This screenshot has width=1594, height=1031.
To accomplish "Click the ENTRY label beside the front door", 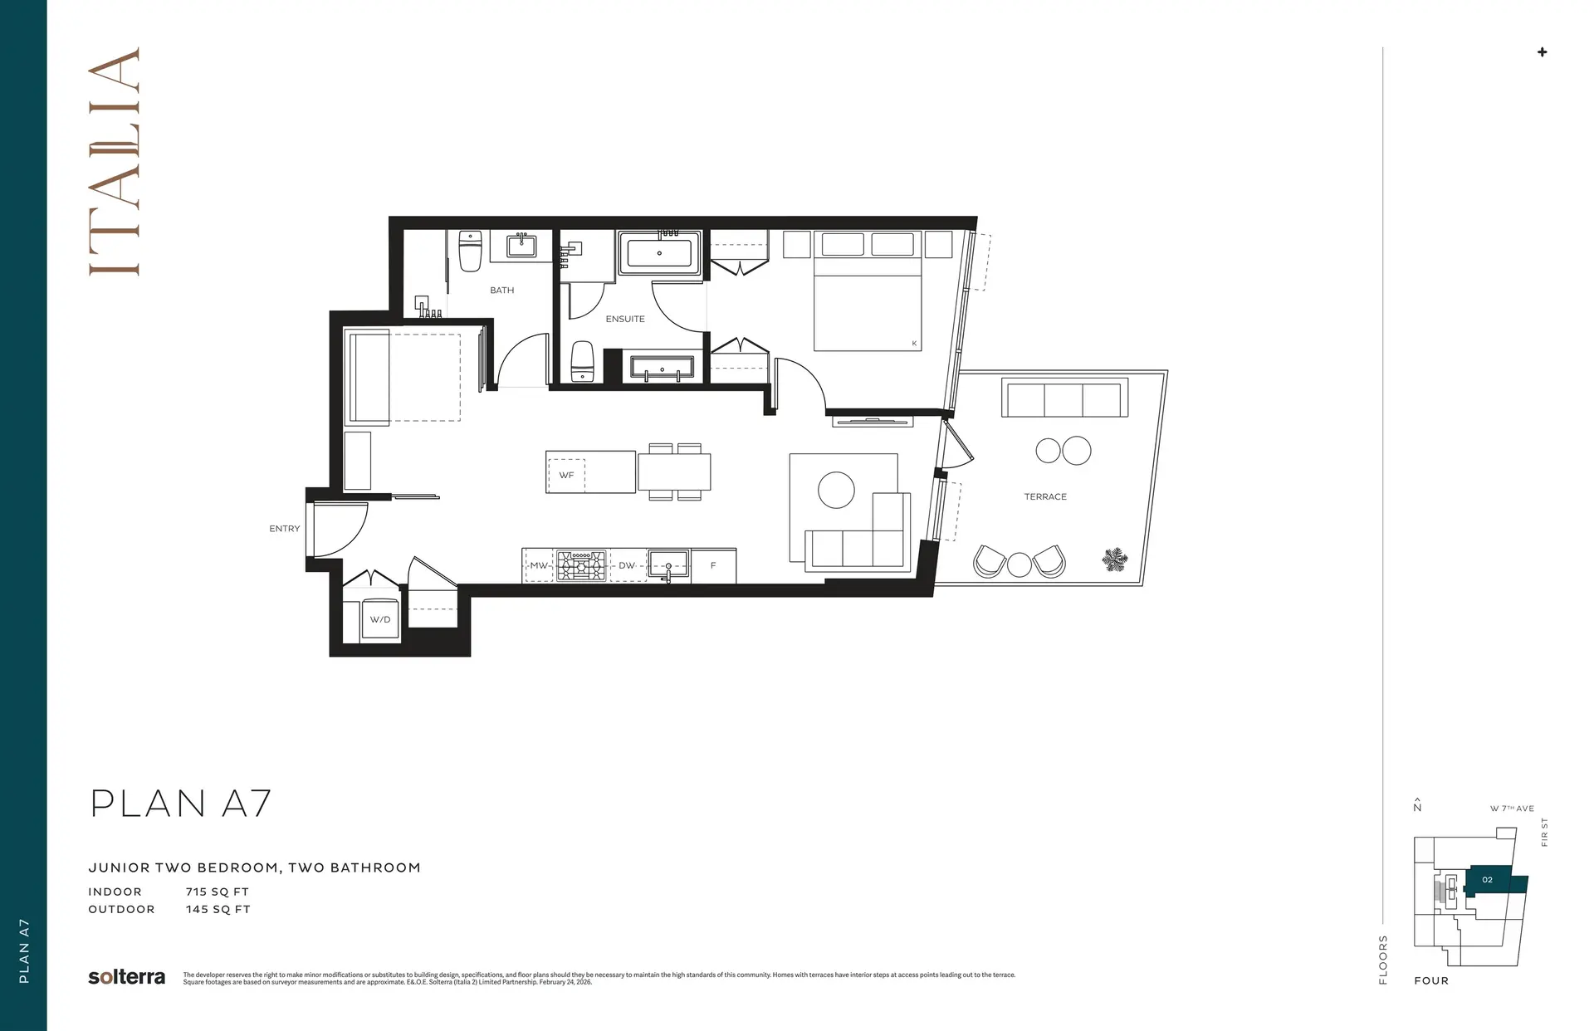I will pyautogui.click(x=284, y=529).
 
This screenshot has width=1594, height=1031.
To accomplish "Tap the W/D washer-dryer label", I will pyautogui.click(x=380, y=620).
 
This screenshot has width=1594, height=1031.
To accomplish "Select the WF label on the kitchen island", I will pyautogui.click(x=566, y=476).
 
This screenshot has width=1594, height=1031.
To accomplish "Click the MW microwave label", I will pyautogui.click(x=539, y=566).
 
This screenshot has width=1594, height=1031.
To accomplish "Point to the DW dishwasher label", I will pyautogui.click(x=627, y=566).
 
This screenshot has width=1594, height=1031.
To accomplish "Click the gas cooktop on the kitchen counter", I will pyautogui.click(x=581, y=565).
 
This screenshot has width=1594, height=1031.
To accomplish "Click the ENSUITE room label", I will pyautogui.click(x=625, y=319).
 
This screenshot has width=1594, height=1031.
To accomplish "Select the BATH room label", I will pyautogui.click(x=501, y=291).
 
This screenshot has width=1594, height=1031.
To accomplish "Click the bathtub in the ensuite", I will pyautogui.click(x=660, y=253).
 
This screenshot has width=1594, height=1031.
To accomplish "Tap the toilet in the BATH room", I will pyautogui.click(x=471, y=251).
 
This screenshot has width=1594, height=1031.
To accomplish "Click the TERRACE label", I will pyautogui.click(x=1045, y=497).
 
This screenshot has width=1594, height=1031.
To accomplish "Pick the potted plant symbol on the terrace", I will pyautogui.click(x=1114, y=559).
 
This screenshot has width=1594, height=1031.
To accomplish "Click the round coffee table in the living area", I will pyautogui.click(x=836, y=490).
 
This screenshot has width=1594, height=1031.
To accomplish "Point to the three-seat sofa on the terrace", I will pyautogui.click(x=1064, y=398).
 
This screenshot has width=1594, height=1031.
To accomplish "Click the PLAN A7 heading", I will pyautogui.click(x=180, y=804).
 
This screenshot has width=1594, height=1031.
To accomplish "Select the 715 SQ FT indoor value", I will pyautogui.click(x=218, y=892).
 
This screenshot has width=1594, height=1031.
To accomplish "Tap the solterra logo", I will pyautogui.click(x=126, y=977).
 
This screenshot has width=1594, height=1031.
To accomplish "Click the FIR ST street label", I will pyautogui.click(x=1544, y=833).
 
